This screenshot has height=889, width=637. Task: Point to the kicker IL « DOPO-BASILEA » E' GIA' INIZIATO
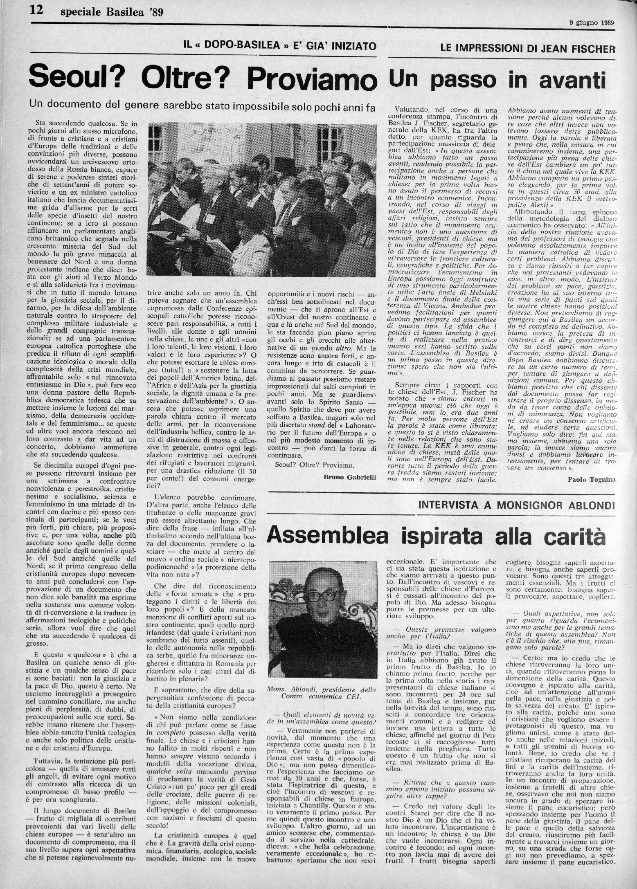tap(280, 46)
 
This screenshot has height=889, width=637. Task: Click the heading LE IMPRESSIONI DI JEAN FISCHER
tap(528, 49)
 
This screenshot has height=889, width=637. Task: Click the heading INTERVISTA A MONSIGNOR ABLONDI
tap(517, 505)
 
